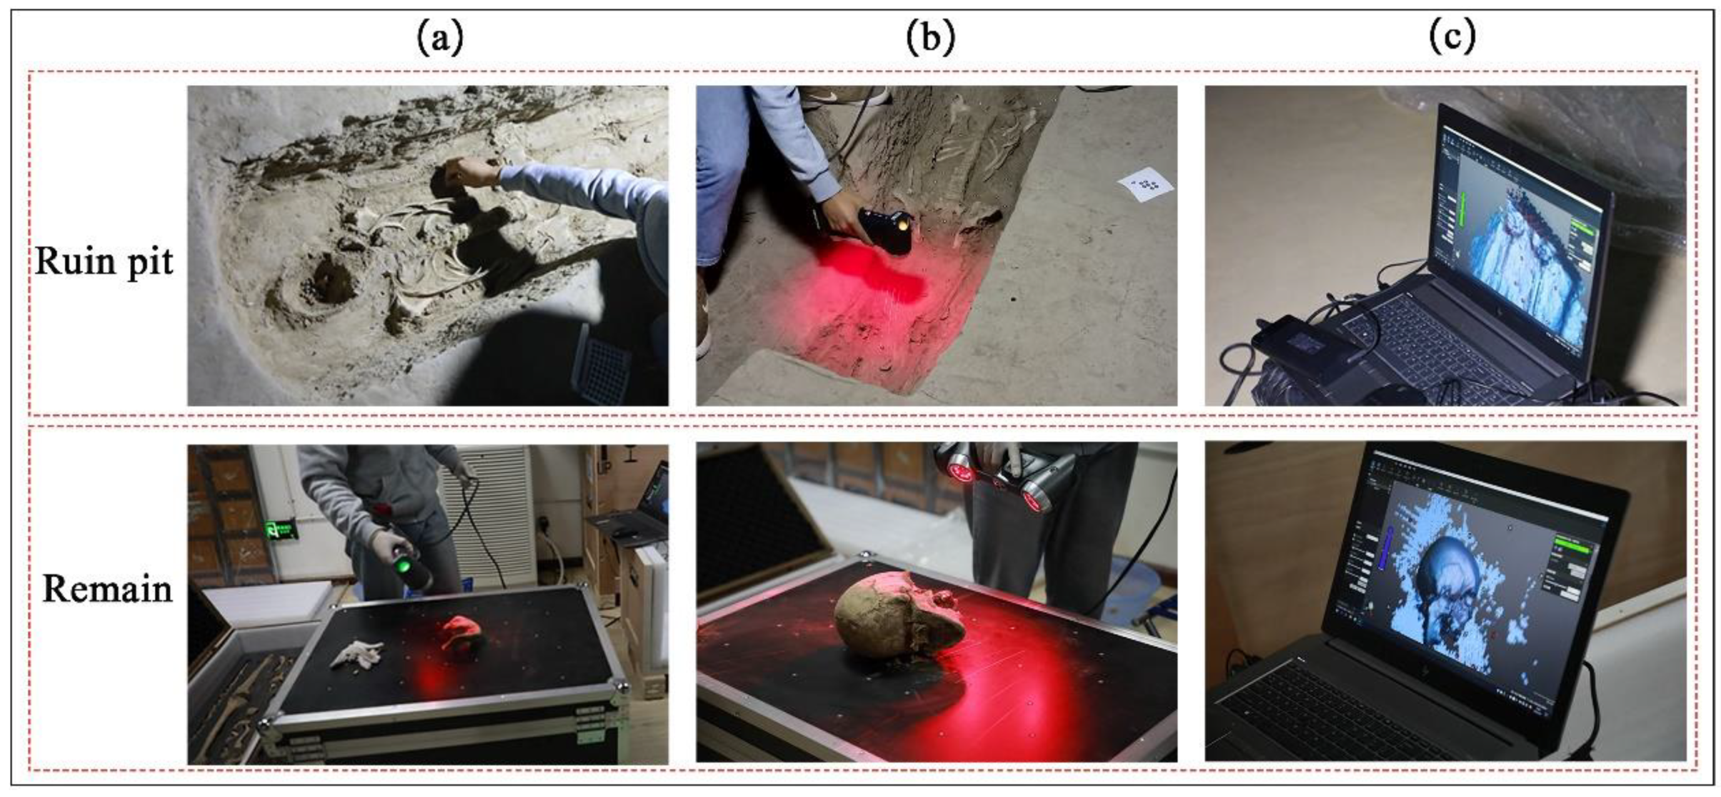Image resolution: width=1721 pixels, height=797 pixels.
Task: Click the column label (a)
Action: (439, 39)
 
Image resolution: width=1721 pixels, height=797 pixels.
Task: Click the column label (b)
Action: (931, 39)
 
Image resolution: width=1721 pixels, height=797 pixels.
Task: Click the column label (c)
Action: (1451, 39)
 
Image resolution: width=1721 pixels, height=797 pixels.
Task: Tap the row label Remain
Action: (107, 589)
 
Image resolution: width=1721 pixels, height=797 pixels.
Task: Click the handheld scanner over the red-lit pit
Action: (886, 230)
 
